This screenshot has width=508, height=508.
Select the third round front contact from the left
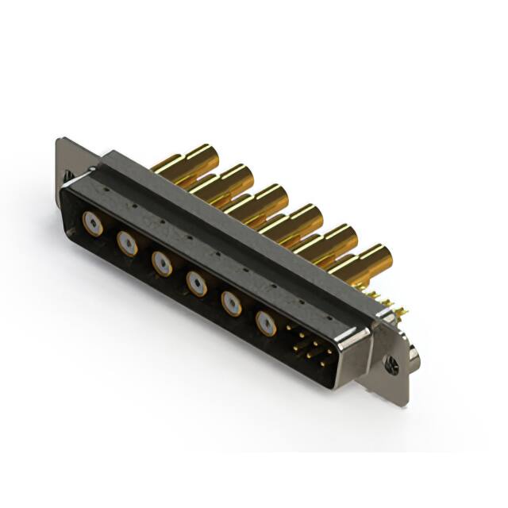click(x=162, y=262)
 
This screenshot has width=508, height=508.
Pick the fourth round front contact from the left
click(x=196, y=281)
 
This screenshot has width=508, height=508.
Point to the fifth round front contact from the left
click(x=231, y=302)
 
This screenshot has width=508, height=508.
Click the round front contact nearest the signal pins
click(x=266, y=321)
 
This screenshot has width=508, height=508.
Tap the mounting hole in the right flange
click(x=391, y=366)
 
